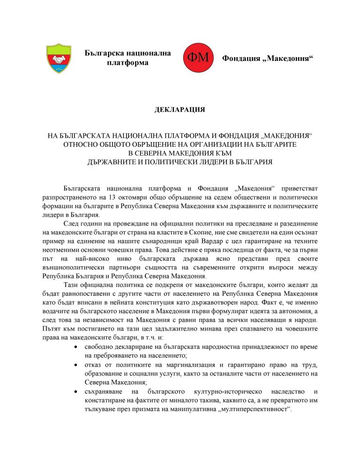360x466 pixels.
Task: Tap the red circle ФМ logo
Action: click(x=198, y=58)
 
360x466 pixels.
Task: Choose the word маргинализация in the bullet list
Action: click(x=180, y=365)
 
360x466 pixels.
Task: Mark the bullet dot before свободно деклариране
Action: click(x=76, y=347)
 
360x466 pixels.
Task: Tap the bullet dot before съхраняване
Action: click(x=76, y=392)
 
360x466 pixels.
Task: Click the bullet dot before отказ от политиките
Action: click(x=76, y=365)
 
